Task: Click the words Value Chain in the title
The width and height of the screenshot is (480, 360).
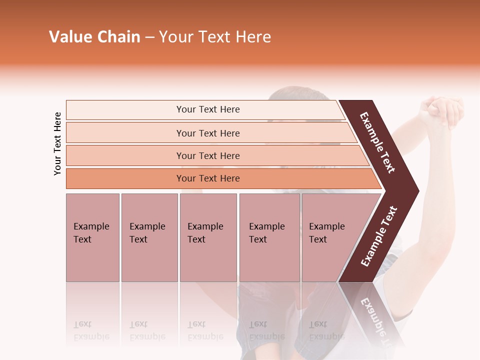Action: coord(94,37)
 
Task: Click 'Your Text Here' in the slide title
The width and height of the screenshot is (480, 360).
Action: coord(215,37)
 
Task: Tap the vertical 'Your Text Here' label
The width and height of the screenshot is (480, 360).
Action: coord(57,143)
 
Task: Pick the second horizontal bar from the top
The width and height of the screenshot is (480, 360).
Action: coord(208,133)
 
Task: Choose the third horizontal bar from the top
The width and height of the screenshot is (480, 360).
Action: coord(208,155)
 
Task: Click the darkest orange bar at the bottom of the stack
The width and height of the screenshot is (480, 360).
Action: coord(208,178)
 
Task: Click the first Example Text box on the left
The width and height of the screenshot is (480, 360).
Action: coord(92,237)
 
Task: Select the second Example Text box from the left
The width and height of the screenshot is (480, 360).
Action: coord(149,237)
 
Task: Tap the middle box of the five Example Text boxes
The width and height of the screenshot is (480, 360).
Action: coord(208,237)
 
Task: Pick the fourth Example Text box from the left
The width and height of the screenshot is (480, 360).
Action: coord(269,237)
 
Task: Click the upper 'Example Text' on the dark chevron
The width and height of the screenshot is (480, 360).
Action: coord(378,142)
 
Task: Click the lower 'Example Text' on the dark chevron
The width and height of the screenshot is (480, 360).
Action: coord(379,236)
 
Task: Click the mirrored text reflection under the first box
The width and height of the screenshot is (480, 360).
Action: coord(91,330)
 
